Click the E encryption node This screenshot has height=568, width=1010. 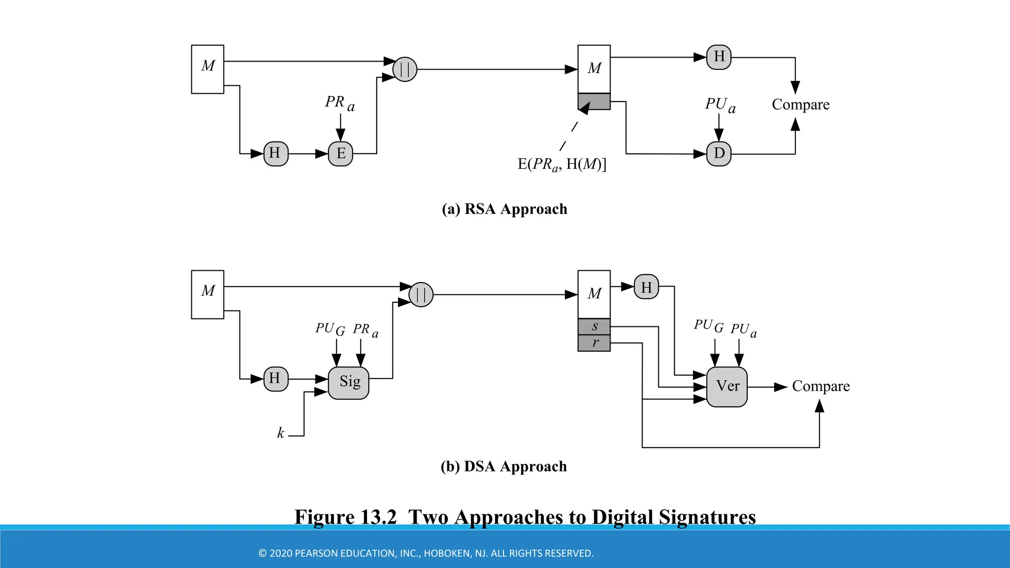[x=340, y=154]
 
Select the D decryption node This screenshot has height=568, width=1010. [x=719, y=154]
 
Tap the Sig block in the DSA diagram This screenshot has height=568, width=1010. [x=349, y=383]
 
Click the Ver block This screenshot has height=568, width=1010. [x=727, y=387]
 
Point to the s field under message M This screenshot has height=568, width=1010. [x=594, y=326]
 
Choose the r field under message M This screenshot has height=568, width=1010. [x=594, y=343]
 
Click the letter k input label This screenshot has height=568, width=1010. [x=281, y=433]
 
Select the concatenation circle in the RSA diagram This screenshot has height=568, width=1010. [x=405, y=70]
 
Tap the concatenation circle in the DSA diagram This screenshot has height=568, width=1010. [x=421, y=295]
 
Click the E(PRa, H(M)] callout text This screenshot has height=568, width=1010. [x=562, y=164]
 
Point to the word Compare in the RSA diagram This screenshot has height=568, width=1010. [x=800, y=105]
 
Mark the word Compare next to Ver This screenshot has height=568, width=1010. [x=821, y=386]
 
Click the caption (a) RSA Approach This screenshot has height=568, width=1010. [x=505, y=209]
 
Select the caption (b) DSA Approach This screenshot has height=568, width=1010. [x=504, y=466]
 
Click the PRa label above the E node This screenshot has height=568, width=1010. [x=339, y=103]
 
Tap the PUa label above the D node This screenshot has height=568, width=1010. [x=720, y=105]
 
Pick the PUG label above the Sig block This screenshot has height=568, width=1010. [x=330, y=329]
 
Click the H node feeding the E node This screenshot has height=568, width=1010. [x=276, y=154]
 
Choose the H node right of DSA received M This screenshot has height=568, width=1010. [x=646, y=287]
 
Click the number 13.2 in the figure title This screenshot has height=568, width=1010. [x=378, y=517]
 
